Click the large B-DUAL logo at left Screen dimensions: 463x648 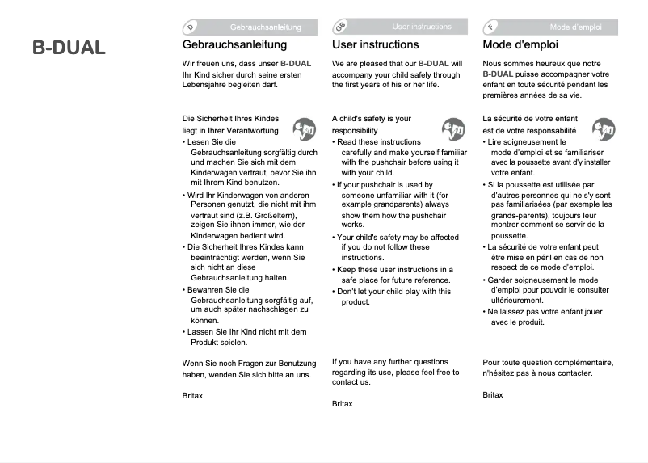point(69,48)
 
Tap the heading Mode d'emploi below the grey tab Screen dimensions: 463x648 point(520,45)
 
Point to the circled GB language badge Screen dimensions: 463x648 point(339,27)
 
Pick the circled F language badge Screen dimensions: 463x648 point(490,27)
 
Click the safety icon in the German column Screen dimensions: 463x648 point(304,129)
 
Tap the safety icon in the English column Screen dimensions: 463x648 point(453,129)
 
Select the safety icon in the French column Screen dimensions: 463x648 point(603,129)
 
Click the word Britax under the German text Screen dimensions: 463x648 point(192,395)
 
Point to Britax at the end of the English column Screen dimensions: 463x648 point(343,402)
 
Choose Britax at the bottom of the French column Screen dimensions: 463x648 point(493,394)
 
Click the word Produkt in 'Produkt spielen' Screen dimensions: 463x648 point(207,343)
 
